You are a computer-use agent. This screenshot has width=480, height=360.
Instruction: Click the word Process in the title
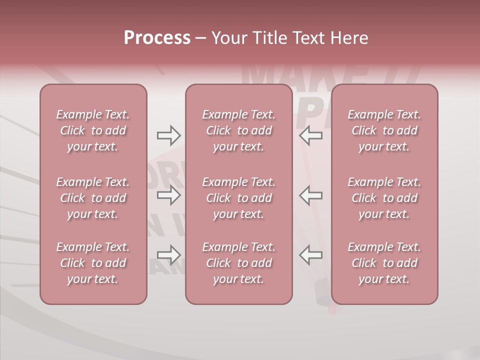click(x=157, y=38)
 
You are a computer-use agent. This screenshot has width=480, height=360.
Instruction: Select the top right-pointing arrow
click(x=169, y=135)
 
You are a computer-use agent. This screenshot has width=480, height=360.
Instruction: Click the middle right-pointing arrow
click(x=169, y=195)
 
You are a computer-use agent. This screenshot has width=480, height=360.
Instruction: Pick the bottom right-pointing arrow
click(x=169, y=255)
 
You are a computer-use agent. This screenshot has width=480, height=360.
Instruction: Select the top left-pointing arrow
click(x=310, y=135)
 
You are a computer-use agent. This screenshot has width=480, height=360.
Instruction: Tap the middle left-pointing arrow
click(x=310, y=195)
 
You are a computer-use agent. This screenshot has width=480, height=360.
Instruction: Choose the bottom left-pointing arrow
click(x=310, y=255)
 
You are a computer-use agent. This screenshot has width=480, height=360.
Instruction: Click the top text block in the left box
click(x=93, y=130)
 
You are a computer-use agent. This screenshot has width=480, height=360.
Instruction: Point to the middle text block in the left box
click(x=93, y=198)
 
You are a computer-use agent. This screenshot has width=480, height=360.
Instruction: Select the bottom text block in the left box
click(x=93, y=263)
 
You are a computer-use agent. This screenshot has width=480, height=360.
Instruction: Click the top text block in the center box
click(x=238, y=130)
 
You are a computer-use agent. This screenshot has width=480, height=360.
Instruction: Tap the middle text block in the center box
click(x=238, y=198)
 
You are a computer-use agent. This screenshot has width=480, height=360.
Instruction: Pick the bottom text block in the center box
click(x=238, y=263)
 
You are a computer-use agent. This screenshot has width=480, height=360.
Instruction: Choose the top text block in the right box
click(x=384, y=130)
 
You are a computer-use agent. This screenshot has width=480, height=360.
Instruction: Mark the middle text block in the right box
click(x=384, y=198)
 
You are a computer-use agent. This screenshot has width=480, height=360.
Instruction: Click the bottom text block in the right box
click(x=384, y=263)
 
